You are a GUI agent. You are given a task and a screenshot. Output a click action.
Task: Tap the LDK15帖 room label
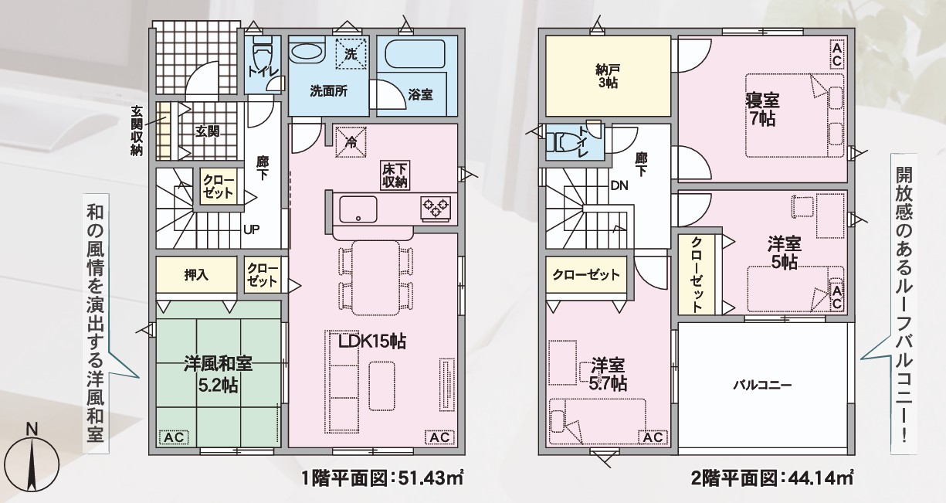coord(372,341)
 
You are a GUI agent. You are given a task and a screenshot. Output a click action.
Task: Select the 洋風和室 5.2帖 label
coord(218,375)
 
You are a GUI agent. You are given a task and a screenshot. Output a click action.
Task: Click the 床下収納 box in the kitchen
coord(395,175)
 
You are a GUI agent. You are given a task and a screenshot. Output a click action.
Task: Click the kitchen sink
coord(358,209)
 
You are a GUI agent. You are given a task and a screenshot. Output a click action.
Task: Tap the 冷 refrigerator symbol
coord(351,142)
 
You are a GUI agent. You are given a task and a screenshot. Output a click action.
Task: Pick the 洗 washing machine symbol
coord(350,53)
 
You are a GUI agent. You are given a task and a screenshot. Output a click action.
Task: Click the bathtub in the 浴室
coord(415,53)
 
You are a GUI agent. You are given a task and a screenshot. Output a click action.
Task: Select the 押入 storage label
coord(196,275)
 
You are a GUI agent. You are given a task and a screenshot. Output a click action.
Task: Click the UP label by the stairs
coord(251,229)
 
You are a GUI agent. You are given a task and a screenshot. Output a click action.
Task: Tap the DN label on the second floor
coord(619,185)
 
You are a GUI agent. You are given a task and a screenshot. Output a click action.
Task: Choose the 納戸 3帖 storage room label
coord(608,76)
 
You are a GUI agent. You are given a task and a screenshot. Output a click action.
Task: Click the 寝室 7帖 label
coord(762,110)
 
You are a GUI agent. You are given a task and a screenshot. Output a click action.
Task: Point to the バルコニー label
coord(762,385)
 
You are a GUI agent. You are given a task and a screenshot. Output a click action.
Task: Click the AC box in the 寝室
coord(837,53)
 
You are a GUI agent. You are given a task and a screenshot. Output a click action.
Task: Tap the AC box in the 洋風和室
coord(174,437)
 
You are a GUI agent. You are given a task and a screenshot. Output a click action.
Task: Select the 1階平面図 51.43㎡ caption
coord(382,478)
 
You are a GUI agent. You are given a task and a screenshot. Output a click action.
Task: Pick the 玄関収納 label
coord(137,131)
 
